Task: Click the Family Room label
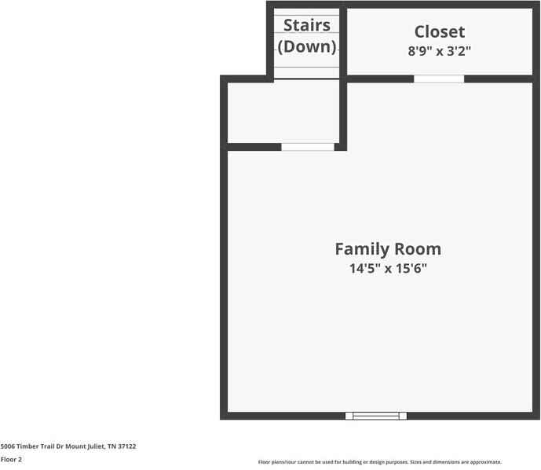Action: tap(388, 249)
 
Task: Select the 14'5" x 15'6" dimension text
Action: tap(388, 269)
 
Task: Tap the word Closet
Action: tap(440, 32)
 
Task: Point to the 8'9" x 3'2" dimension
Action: tap(440, 51)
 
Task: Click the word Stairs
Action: tap(306, 26)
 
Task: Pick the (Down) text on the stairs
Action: tap(307, 46)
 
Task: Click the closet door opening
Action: tap(439, 79)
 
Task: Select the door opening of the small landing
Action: tap(308, 147)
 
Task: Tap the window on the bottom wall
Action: tap(376, 416)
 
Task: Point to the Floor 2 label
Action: tap(11, 460)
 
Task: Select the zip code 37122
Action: tap(126, 446)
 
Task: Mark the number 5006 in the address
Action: tap(8, 446)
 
